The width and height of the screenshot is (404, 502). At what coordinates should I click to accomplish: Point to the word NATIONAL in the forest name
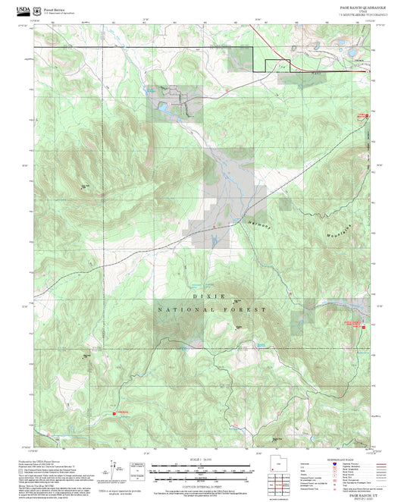pos(183,310)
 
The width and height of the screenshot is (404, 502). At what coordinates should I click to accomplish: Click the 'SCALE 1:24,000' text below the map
pos(201,460)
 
